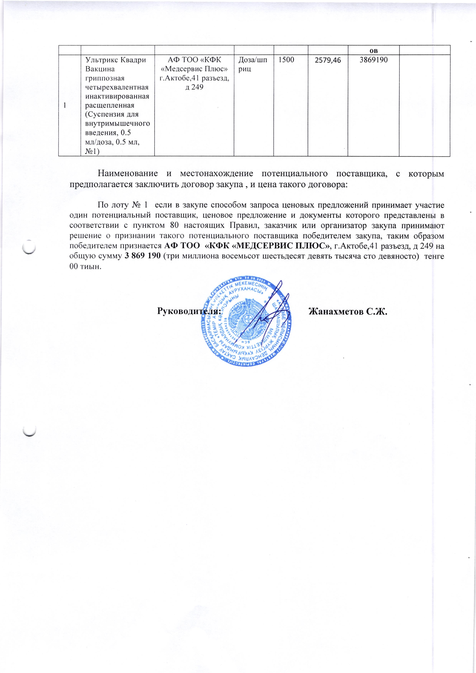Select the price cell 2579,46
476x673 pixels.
[328, 61]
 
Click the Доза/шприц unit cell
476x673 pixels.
[253, 64]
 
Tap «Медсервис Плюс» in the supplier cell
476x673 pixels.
[194, 69]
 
